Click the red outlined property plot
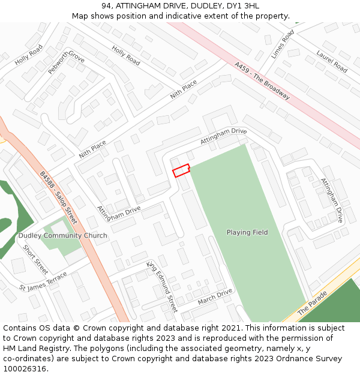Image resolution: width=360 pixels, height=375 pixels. pos(181,170)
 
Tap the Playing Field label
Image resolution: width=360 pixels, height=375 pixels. pos(247,232)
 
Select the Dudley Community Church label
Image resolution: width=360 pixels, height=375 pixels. pos(62,236)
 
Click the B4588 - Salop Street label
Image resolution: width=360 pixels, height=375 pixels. pos(58,198)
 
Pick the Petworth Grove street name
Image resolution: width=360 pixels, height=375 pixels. pos(66,63)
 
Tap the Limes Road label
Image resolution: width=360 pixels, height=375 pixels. pos(282,44)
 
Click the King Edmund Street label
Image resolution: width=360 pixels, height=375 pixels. pos(163,286)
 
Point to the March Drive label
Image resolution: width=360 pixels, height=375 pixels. pos(215,296)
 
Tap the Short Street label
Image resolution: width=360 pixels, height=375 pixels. pos(35,256)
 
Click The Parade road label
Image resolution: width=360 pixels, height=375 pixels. pos(313,303)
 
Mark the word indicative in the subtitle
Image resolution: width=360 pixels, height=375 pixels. pos(178,16)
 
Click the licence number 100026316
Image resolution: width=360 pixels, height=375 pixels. pos(24,369)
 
